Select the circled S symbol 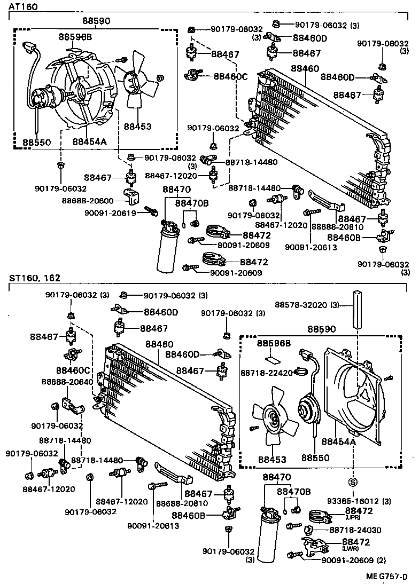coord(353,482)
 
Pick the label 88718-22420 coord(267,372)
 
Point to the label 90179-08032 coord(254,215)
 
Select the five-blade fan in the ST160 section coord(276,419)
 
